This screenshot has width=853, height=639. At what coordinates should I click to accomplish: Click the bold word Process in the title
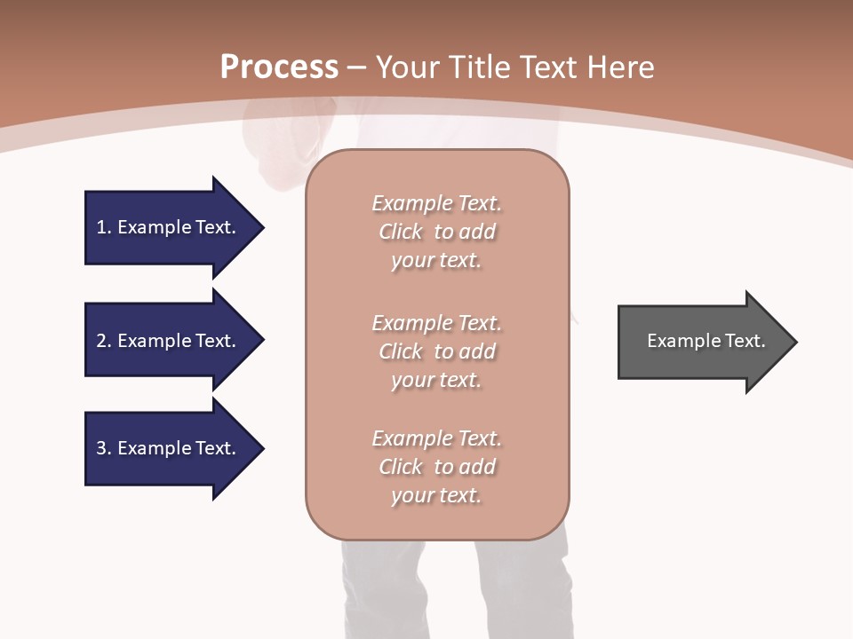click(x=279, y=67)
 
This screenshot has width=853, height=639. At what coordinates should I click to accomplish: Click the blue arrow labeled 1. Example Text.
click(x=169, y=227)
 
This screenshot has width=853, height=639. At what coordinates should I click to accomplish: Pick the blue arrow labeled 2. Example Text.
click(x=169, y=341)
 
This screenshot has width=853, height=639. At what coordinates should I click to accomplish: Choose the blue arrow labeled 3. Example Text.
click(x=169, y=448)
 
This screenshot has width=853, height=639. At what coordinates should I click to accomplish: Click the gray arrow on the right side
click(x=702, y=342)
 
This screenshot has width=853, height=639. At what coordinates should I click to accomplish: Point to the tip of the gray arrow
click(x=794, y=342)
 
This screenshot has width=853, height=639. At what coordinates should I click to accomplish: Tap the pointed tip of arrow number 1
click(x=261, y=227)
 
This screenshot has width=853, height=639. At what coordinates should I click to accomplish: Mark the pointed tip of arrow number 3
click(x=261, y=448)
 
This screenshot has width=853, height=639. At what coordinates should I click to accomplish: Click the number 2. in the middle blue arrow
click(x=104, y=341)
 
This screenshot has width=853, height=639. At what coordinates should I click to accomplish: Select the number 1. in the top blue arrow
click(x=104, y=227)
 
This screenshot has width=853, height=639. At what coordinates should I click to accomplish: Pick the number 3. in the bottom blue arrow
click(x=104, y=448)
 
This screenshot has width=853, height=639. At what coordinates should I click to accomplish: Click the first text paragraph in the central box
click(x=437, y=232)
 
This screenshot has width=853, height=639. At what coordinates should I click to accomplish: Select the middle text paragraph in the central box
click(x=437, y=351)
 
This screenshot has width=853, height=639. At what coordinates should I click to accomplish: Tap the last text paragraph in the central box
click(x=437, y=467)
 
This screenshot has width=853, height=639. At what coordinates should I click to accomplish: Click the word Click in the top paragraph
click(x=401, y=232)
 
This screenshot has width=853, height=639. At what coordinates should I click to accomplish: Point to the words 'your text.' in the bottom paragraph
click(x=436, y=495)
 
